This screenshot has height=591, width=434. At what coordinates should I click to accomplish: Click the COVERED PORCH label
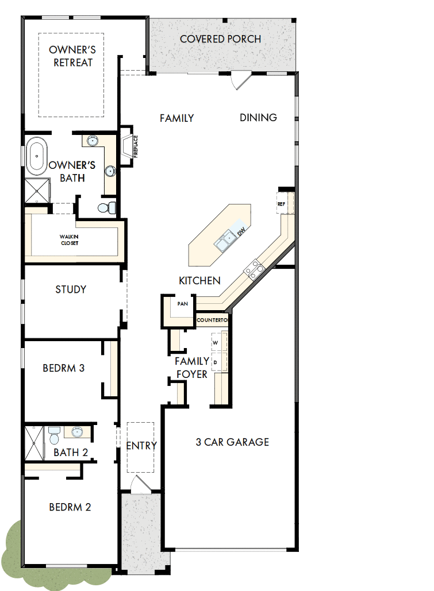pyautogui.click(x=220, y=39)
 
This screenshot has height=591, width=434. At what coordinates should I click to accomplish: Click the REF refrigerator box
pyautogui.click(x=282, y=204)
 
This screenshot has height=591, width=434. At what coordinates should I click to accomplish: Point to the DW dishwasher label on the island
pyautogui.click(x=241, y=231)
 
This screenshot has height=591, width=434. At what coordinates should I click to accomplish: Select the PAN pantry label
pyautogui.click(x=183, y=303)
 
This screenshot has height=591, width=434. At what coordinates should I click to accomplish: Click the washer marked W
pyautogui.click(x=217, y=343)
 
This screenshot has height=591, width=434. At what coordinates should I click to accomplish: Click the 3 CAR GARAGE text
pyautogui.click(x=232, y=442)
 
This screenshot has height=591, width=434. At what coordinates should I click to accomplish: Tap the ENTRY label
pyautogui.click(x=141, y=446)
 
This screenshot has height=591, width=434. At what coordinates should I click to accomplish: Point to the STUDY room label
pyautogui.click(x=71, y=289)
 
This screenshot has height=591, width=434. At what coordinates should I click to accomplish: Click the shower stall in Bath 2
pyautogui.click(x=34, y=443)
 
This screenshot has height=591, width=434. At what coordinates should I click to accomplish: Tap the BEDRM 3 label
pyautogui.click(x=64, y=368)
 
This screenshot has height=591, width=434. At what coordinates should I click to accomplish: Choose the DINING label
pyautogui.click(x=258, y=118)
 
